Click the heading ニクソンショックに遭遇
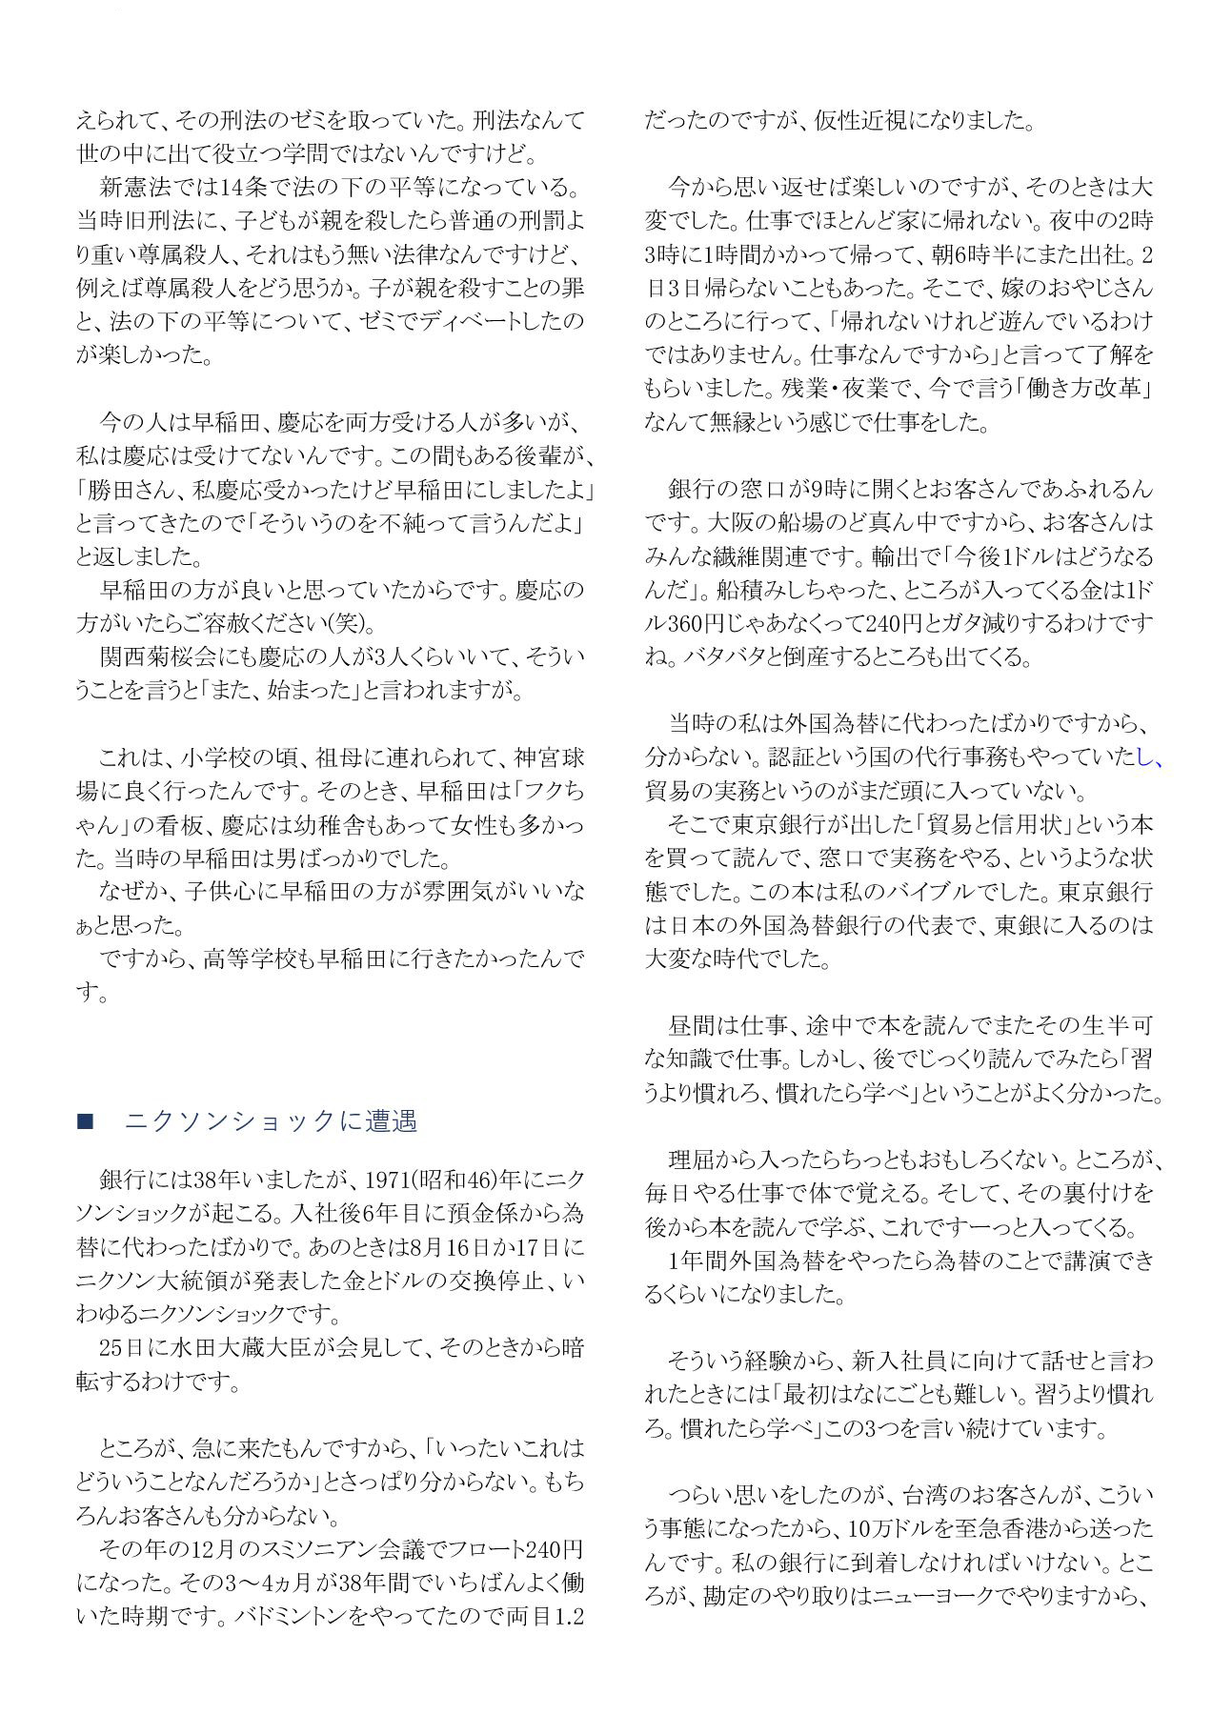pos(271,1121)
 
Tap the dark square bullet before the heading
pos(85,1122)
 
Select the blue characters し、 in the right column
pos(1150,757)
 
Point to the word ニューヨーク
pos(935,1596)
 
